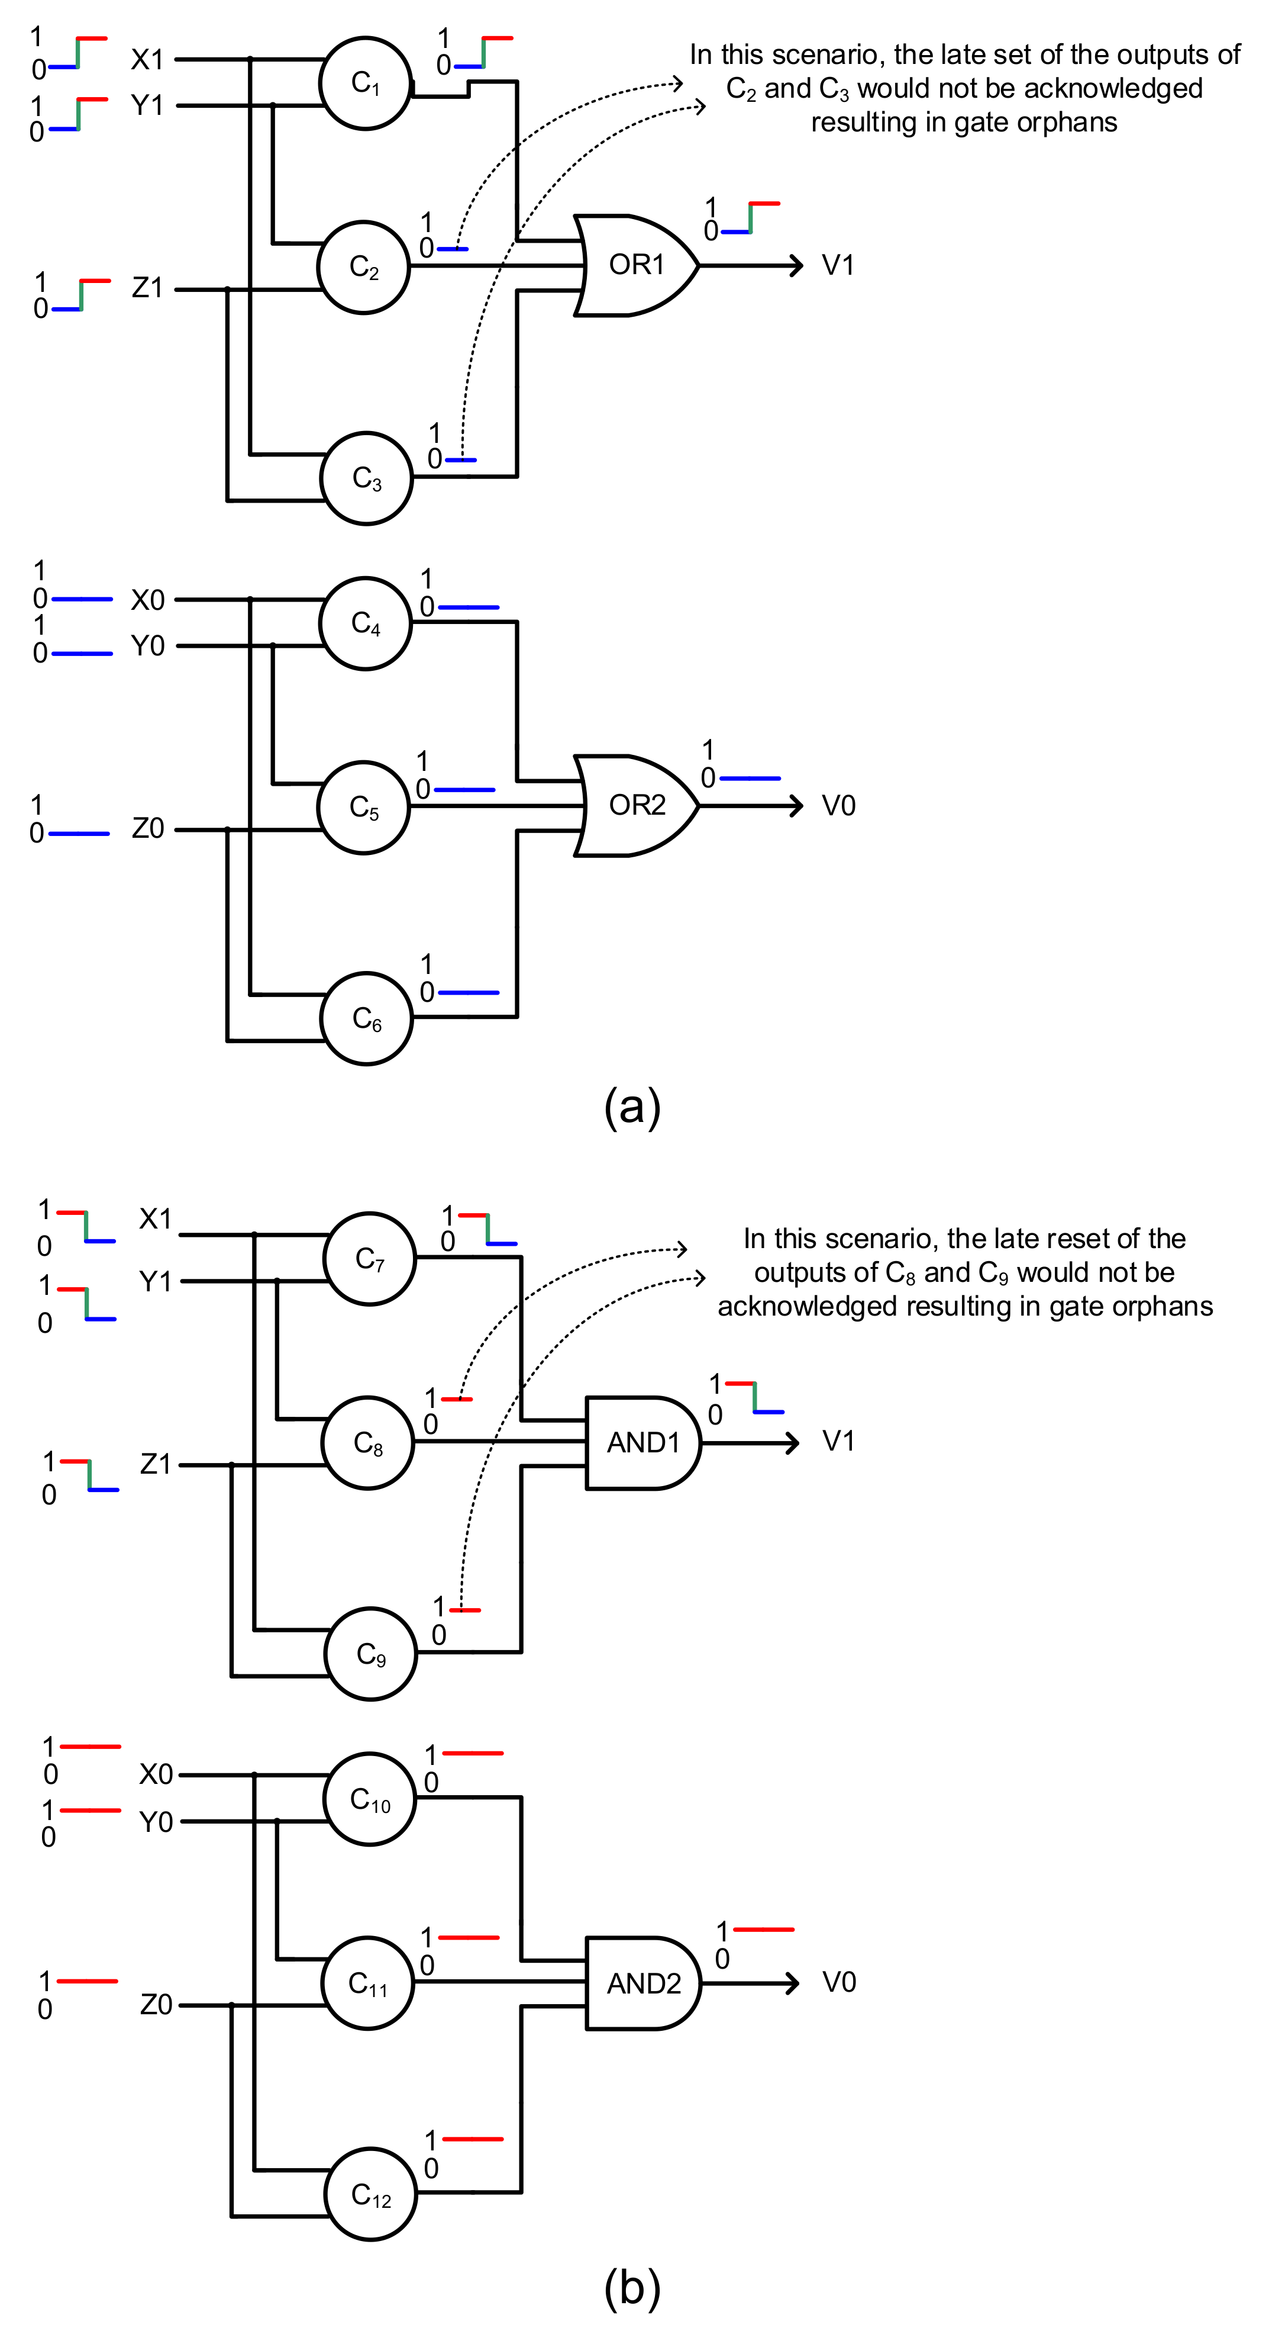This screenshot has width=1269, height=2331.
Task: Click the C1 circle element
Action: tap(366, 83)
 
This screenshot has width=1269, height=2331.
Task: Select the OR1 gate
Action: tap(636, 265)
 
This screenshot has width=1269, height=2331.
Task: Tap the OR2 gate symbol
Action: tap(636, 805)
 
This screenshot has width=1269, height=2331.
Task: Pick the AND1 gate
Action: tap(642, 1442)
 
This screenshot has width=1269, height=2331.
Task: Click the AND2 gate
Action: tap(642, 1983)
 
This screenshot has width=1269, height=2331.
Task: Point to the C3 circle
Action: tap(366, 478)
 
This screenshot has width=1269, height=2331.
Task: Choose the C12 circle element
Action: tap(371, 2194)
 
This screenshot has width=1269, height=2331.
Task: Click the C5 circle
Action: tap(364, 807)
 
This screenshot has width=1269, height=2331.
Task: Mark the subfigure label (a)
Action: tap(632, 1106)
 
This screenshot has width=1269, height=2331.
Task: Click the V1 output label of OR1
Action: tap(838, 265)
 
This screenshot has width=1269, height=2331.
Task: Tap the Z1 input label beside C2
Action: tap(147, 288)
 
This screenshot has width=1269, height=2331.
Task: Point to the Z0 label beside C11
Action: tap(156, 2004)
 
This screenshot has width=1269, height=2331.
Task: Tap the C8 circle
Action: tap(368, 1442)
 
